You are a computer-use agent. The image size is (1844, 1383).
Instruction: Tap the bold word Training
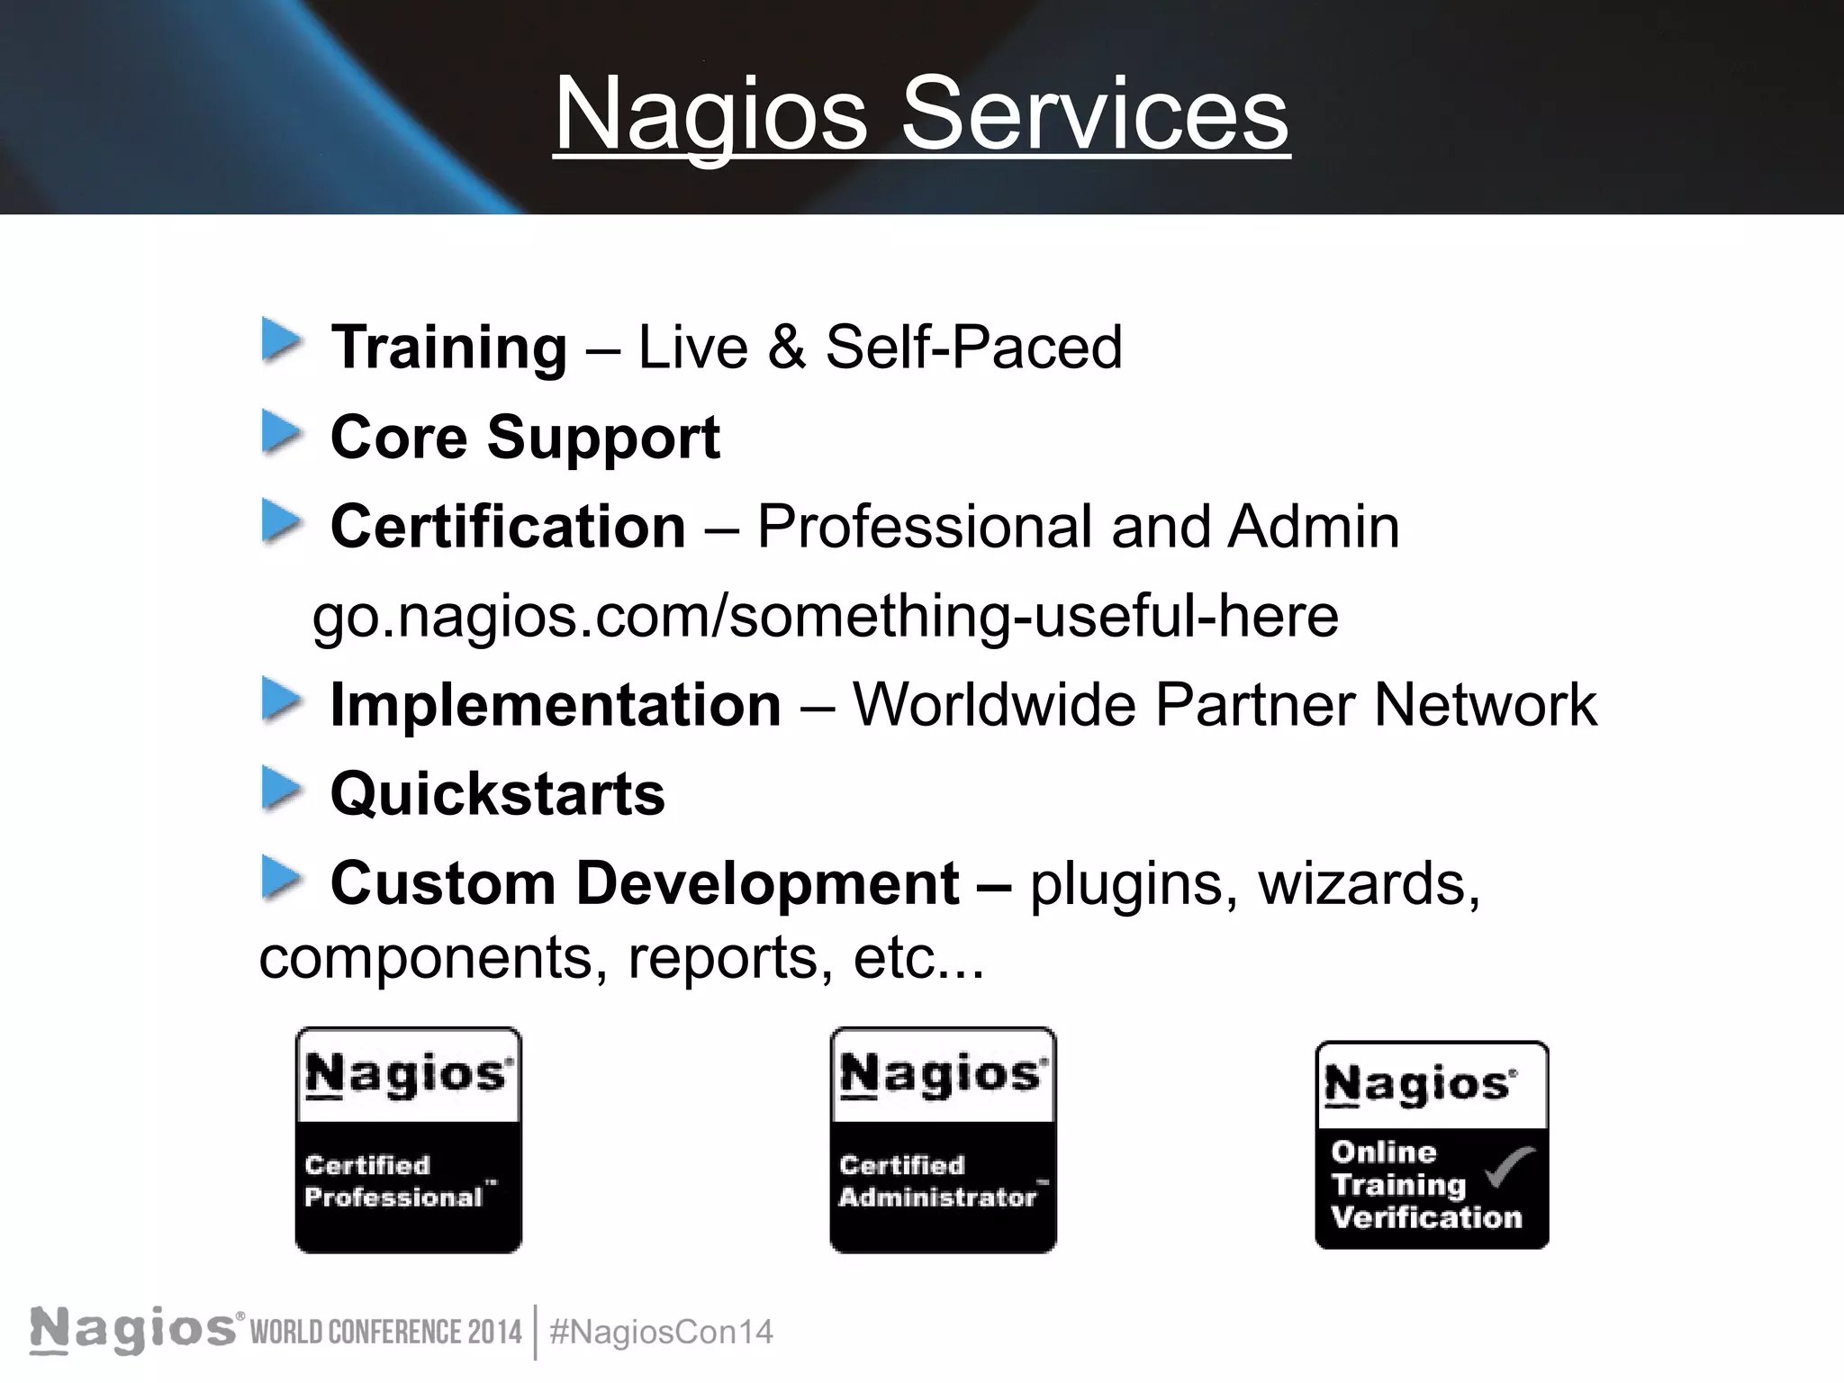[x=448, y=348]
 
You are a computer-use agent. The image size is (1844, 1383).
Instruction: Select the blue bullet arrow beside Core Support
[x=281, y=433]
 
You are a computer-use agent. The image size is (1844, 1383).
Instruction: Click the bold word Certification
[x=508, y=526]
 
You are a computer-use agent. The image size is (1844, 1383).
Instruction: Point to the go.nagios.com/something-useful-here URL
[x=825, y=616]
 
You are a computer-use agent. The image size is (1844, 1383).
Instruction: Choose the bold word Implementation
[x=556, y=704]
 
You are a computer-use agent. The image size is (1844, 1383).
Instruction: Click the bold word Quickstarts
[x=498, y=794]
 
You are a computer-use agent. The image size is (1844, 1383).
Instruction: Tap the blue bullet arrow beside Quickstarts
[x=281, y=790]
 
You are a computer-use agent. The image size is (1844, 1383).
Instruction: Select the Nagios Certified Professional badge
[x=408, y=1139]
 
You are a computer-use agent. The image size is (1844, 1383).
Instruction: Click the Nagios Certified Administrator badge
[x=943, y=1139]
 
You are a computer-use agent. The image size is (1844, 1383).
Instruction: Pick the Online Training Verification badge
[x=1432, y=1144]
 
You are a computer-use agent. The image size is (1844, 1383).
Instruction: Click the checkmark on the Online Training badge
[x=1510, y=1167]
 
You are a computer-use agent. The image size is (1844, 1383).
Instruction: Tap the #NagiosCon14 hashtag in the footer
[x=661, y=1332]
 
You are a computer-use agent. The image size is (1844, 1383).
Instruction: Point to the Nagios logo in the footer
[x=135, y=1330]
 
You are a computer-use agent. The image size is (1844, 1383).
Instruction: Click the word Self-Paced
[x=973, y=348]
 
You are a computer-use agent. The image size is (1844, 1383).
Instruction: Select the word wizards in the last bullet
[x=1369, y=883]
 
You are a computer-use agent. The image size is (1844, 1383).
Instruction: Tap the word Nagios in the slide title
[x=710, y=114]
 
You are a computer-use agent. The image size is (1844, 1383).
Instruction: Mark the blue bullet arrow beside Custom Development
[x=281, y=879]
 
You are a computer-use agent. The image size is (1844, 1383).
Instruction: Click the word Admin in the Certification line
[x=1313, y=526]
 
